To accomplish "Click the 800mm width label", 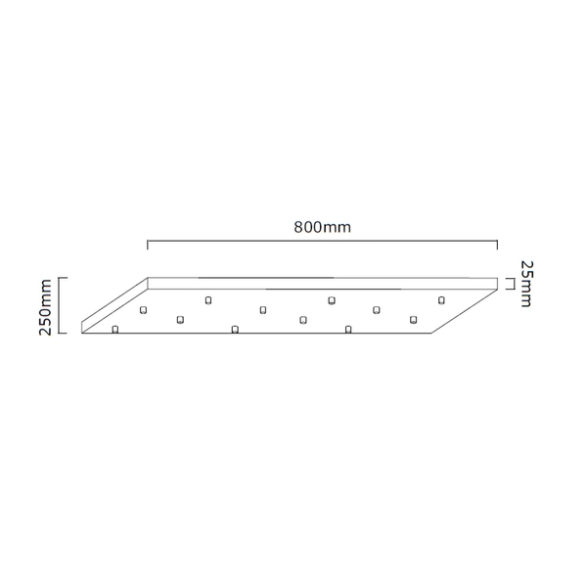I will (x=322, y=227).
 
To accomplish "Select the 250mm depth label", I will (x=44, y=306).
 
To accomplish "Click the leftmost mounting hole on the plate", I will (x=115, y=329).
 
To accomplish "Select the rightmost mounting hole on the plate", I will (x=441, y=298).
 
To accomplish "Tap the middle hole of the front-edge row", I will (x=235, y=329).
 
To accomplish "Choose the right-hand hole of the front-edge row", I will (x=347, y=329).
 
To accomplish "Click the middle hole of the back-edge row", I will (x=332, y=299).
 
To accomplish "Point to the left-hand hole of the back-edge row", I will (x=208, y=299).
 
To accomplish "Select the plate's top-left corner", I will (x=148, y=278).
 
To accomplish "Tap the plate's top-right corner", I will (x=498, y=279).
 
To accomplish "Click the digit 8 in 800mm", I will (x=298, y=227).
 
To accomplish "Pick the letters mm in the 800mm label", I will (x=338, y=227).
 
